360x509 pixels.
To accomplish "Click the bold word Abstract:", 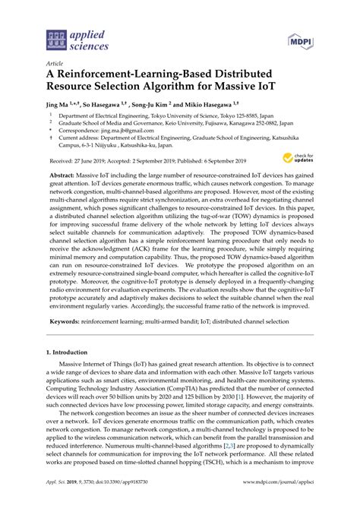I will (63, 175).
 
